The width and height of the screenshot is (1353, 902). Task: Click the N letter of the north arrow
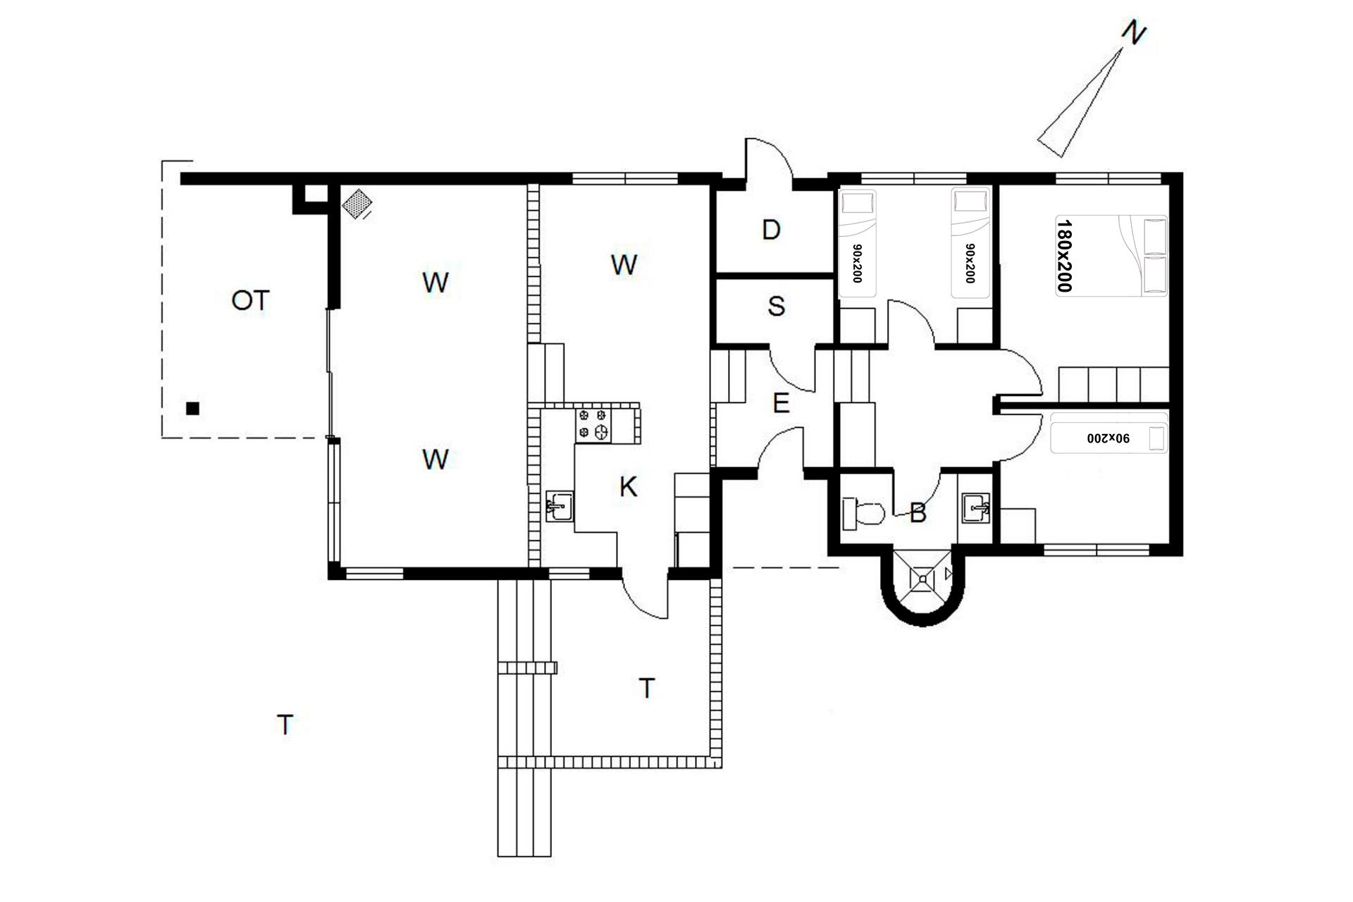coord(1134,33)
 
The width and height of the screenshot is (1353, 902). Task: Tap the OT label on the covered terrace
coord(250,301)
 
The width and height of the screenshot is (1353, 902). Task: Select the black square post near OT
coord(192,408)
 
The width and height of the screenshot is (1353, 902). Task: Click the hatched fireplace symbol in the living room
coord(357,204)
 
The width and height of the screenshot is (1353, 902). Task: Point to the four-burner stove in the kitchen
coord(593,425)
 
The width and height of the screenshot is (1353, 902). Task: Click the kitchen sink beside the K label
coord(560,506)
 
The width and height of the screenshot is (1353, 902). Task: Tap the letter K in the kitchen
coord(628,486)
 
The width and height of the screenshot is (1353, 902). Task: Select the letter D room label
coord(772,230)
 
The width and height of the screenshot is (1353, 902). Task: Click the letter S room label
coord(776,306)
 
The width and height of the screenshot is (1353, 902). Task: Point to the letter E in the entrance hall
coord(780,404)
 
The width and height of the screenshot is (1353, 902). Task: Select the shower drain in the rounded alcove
coord(923,579)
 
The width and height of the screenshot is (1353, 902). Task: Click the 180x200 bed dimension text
coord(1064,255)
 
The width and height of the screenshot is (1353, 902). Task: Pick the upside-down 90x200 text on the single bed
coord(1108,438)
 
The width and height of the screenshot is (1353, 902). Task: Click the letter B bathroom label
coord(918,514)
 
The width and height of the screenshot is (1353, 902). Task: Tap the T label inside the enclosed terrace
coord(646,688)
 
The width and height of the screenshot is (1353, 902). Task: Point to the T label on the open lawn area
coord(285,724)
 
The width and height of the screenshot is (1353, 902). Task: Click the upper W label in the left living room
coord(435,283)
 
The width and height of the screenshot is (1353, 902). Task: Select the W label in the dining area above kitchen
coord(624,265)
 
